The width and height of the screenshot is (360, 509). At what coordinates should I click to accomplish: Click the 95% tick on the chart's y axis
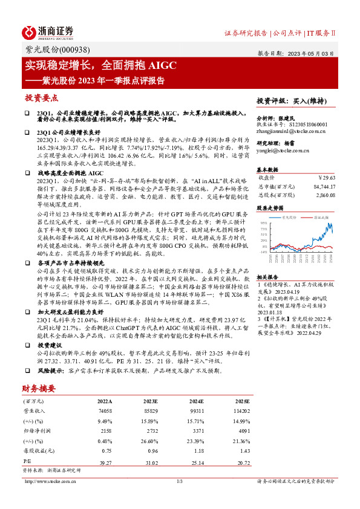point(263,224)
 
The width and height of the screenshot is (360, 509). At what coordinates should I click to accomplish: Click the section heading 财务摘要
point(39,388)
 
